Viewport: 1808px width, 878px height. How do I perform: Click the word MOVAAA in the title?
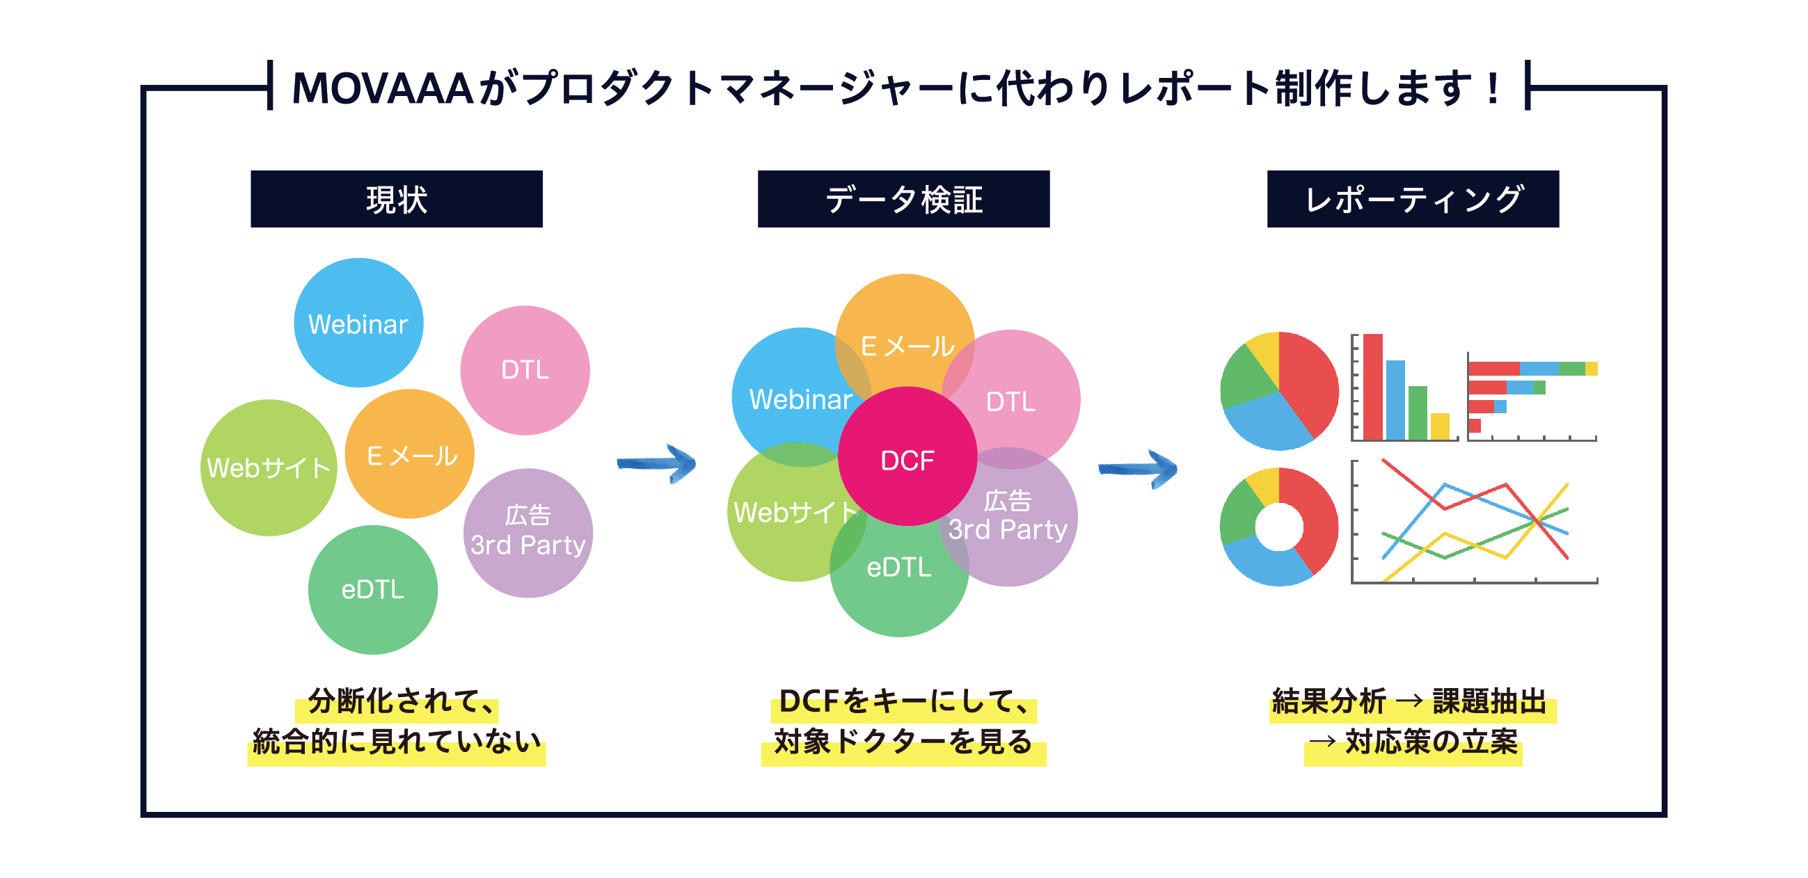383,88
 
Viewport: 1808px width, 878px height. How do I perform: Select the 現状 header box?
397,198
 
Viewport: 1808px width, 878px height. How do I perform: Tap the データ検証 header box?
903,198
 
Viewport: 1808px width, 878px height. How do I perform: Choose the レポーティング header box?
1413,198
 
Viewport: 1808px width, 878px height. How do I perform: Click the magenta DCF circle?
907,457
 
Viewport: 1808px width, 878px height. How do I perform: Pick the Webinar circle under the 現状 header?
358,323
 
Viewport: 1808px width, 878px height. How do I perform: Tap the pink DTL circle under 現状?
525,371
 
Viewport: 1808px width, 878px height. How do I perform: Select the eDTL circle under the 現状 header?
373,590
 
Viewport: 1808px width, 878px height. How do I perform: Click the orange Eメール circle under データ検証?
905,330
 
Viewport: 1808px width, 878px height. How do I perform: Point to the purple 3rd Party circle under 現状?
528,534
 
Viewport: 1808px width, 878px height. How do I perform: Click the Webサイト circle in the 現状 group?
269,468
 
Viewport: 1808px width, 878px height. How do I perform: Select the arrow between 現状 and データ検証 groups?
656,464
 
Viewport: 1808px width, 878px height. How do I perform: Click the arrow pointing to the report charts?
1138,469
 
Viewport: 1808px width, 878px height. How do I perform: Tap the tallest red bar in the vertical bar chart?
1373,388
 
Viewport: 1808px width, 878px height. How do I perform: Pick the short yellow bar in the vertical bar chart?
1440,426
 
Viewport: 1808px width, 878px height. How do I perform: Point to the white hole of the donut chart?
1279,527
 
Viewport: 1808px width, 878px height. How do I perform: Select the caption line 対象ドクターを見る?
903,742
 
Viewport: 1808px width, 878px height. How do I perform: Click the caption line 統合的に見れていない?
397,742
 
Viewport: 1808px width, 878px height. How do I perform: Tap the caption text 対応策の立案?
1432,742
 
